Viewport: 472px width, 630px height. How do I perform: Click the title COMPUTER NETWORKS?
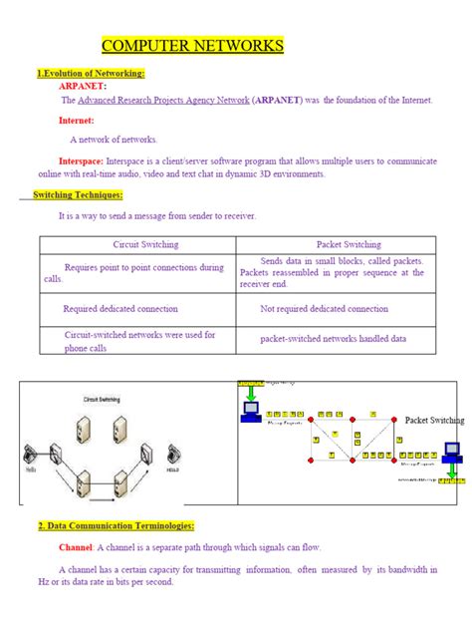(193, 46)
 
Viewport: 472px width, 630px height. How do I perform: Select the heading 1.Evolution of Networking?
(91, 74)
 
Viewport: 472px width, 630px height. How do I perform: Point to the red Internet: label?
(77, 120)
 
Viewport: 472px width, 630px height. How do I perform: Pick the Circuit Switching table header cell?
(137, 243)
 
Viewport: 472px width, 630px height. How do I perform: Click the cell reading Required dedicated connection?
(120, 309)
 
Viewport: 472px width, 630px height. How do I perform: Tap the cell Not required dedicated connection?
(324, 309)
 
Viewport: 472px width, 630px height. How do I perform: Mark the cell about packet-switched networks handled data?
(333, 339)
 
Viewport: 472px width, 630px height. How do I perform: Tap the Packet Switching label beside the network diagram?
(433, 421)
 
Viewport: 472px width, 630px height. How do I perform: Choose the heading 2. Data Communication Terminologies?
(116, 526)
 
